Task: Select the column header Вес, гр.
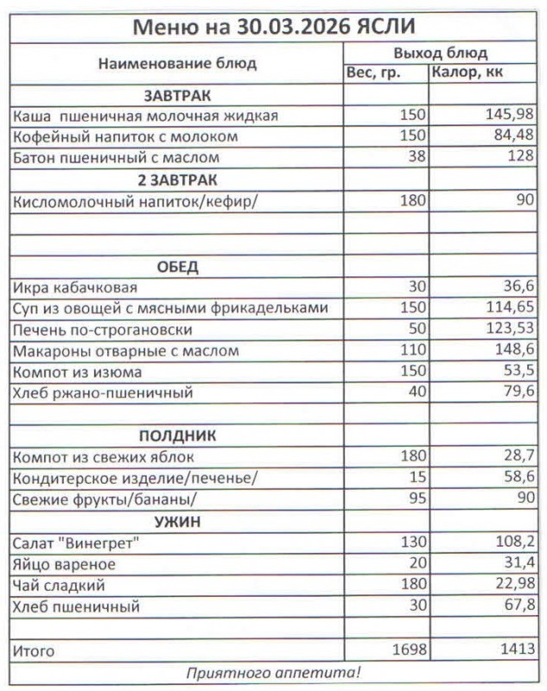click(373, 73)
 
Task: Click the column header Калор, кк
click(467, 73)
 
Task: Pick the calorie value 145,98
click(510, 115)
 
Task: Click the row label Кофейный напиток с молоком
click(126, 136)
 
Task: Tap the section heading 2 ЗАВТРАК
click(177, 180)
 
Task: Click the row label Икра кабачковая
click(75, 287)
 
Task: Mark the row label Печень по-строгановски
click(102, 330)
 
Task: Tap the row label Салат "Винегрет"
click(76, 542)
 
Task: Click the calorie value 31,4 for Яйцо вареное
click(518, 564)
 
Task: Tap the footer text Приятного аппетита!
click(273, 672)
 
